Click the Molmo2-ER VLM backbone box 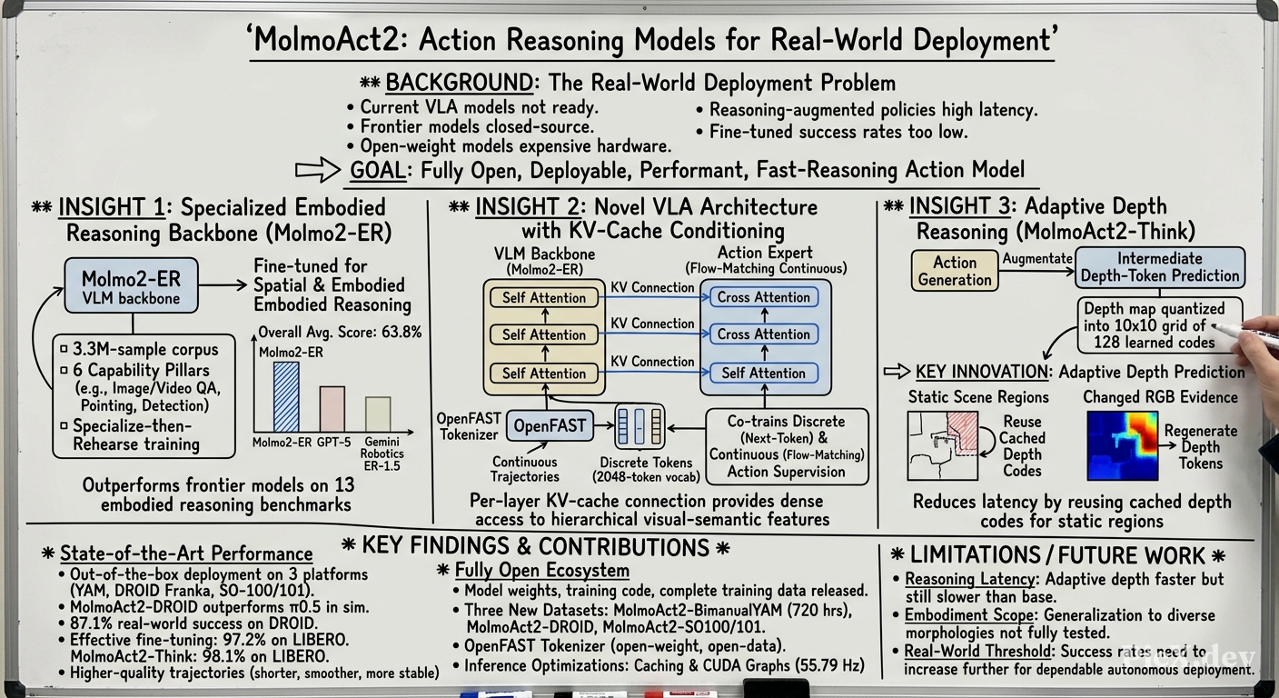[132, 285]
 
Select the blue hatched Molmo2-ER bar [286, 397]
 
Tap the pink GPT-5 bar [332, 409]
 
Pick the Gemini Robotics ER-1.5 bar [378, 414]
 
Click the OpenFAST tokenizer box [550, 425]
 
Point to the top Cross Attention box [763, 297]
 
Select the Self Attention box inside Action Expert [763, 373]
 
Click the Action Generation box [955, 271]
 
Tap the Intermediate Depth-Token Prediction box [1160, 267]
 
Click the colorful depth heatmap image [1123, 445]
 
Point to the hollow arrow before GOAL [318, 170]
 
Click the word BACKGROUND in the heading [459, 83]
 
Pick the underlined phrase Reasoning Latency [969, 579]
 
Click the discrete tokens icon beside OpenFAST [639, 425]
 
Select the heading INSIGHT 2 [527, 207]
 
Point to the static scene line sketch [943, 445]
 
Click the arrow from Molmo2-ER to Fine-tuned [223, 284]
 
